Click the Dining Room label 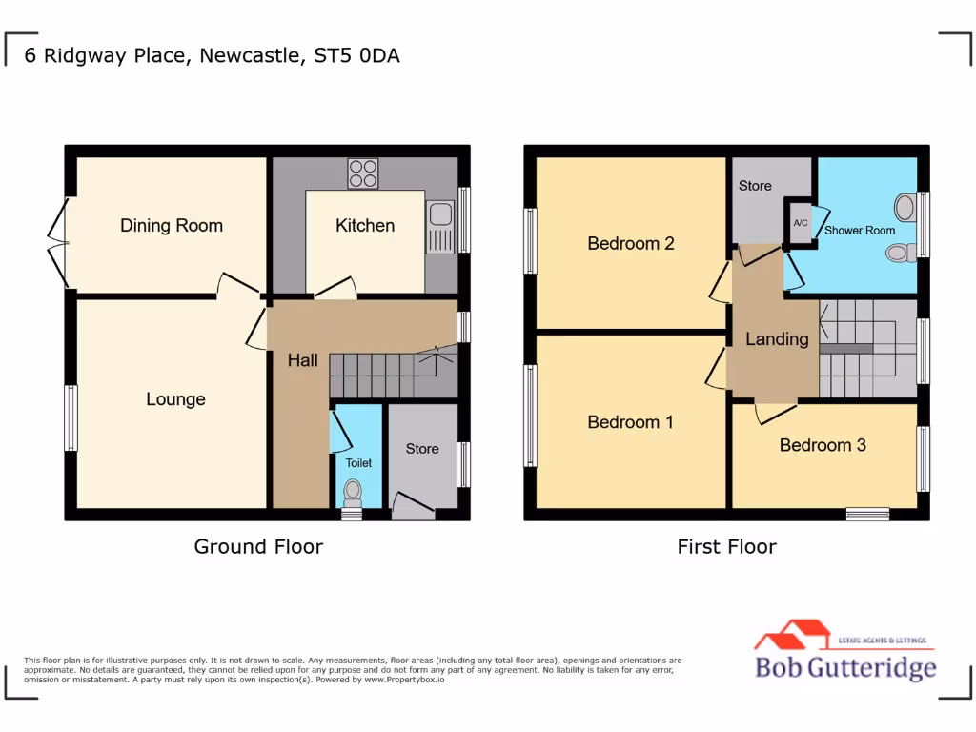click(x=172, y=226)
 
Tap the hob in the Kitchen click(x=363, y=173)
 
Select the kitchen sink click(x=442, y=228)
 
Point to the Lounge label click(x=175, y=399)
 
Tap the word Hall click(x=303, y=360)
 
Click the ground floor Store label click(x=422, y=448)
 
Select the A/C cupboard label click(x=800, y=223)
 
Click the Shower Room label click(x=860, y=231)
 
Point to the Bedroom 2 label click(x=631, y=244)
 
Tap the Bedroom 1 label click(x=630, y=422)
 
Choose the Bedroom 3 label click(x=823, y=445)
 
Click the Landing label click(x=777, y=339)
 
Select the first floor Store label click(x=755, y=186)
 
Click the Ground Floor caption click(x=258, y=547)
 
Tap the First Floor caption click(x=727, y=547)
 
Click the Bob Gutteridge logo click(x=844, y=653)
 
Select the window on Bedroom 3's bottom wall click(x=867, y=514)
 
